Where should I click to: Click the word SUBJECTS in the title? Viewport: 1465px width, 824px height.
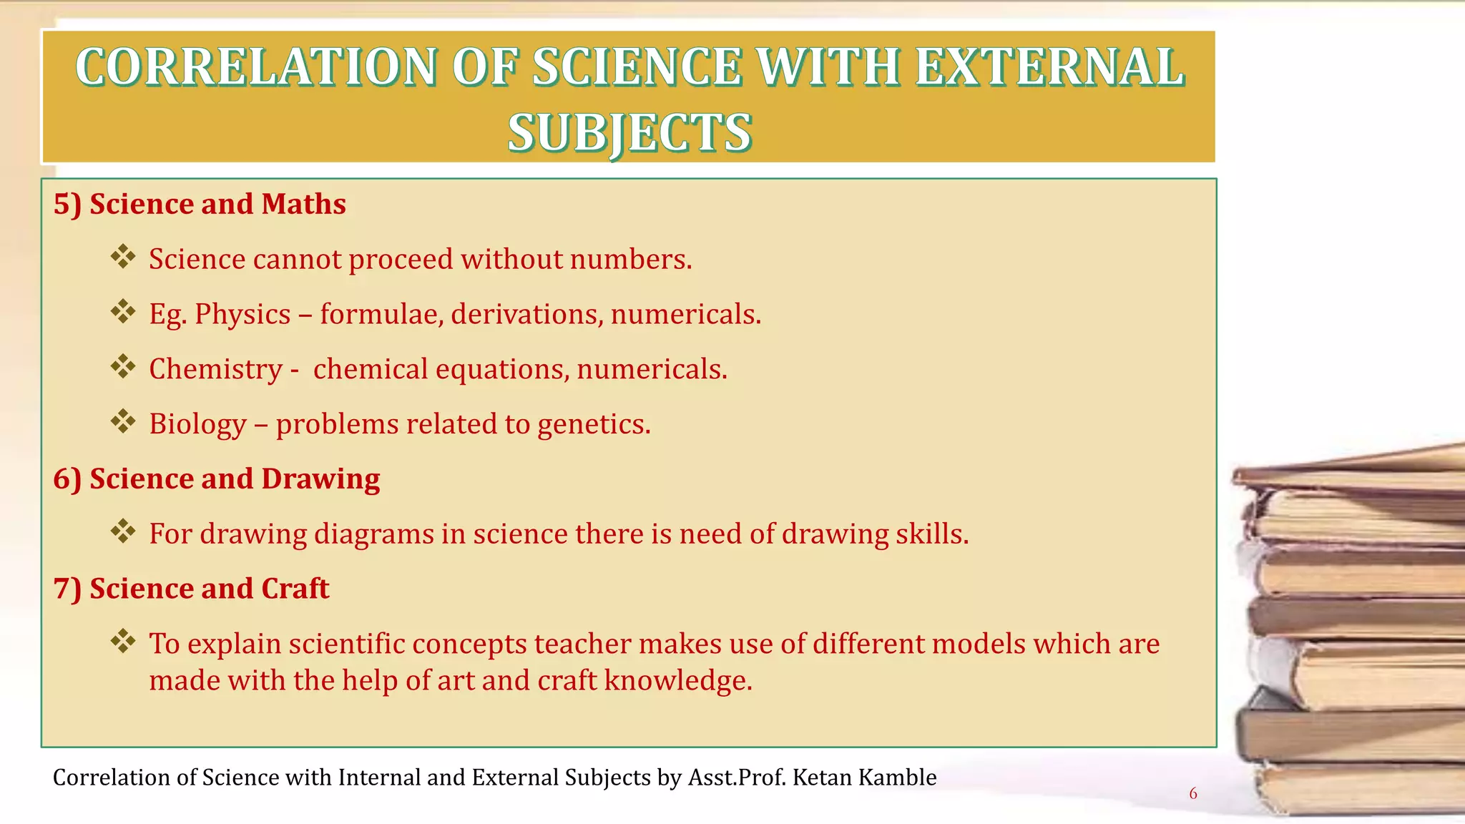pos(629,133)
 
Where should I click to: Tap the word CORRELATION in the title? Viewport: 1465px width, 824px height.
pos(255,67)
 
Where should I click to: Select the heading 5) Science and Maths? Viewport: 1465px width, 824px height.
pos(200,205)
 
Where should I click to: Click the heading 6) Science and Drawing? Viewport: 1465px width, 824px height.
pos(217,479)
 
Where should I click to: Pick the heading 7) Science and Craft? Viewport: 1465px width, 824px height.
pos(191,589)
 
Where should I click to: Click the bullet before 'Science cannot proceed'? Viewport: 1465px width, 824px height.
pos(123,257)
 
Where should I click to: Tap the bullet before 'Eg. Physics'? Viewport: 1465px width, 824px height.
pos(123,312)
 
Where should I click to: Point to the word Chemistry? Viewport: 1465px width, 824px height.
pos(215,369)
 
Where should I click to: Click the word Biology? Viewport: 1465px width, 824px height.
pos(197,424)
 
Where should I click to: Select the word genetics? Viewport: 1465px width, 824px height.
pos(593,424)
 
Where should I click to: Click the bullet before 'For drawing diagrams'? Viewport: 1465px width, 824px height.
pos(123,531)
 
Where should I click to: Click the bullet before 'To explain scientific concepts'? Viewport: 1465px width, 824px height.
pos(123,641)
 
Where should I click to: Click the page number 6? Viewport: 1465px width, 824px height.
pos(1192,793)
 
